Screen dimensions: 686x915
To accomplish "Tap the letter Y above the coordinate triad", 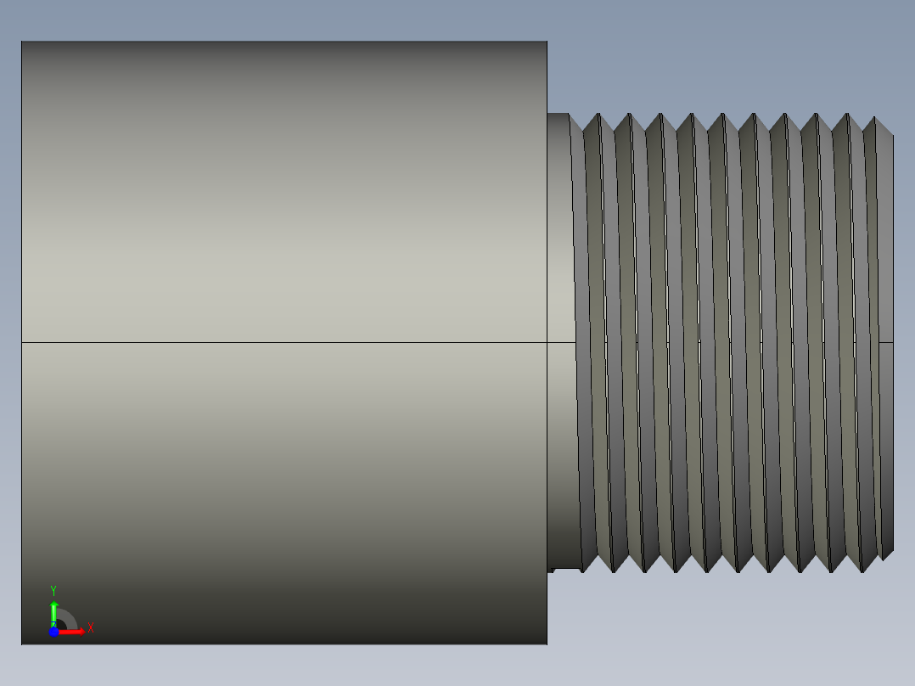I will [53, 590].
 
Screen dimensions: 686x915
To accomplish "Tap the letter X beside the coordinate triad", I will [91, 628].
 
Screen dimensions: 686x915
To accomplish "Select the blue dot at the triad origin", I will [53, 632].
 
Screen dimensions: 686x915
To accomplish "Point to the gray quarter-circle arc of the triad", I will [68, 618].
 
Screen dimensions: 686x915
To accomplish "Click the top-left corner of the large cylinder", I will [22, 42].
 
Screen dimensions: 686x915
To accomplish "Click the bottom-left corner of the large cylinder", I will [22, 644].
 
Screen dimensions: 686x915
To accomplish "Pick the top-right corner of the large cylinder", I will [547, 42].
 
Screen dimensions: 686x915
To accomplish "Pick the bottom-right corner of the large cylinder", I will [547, 644].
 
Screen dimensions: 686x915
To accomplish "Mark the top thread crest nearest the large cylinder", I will [598, 115].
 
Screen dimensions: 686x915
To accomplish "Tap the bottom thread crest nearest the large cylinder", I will [612, 571].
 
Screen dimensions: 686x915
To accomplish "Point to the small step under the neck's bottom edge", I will [551, 570].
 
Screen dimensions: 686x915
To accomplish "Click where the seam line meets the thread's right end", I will [893, 342].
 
